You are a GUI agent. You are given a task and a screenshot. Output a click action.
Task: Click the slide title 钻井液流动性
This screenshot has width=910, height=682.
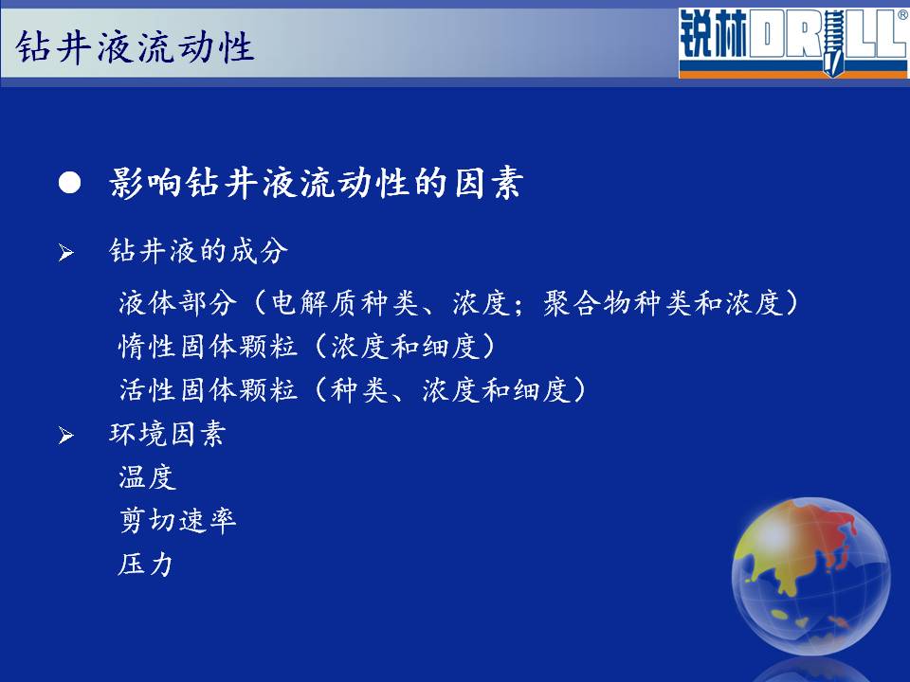pyautogui.click(x=135, y=47)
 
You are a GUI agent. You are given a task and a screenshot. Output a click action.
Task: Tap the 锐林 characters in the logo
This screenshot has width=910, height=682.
pyautogui.click(x=714, y=35)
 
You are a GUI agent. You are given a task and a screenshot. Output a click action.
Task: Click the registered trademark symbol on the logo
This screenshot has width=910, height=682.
pyautogui.click(x=902, y=16)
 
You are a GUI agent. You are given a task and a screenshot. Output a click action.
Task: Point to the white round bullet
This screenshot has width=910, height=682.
pyautogui.click(x=69, y=183)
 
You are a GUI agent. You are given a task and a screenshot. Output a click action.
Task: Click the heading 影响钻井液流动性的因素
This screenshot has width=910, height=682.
pyautogui.click(x=317, y=183)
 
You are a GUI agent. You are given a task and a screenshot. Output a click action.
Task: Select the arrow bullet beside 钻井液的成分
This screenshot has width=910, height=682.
pyautogui.click(x=66, y=253)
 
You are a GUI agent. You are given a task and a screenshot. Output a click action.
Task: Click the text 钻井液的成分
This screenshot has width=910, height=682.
pyautogui.click(x=198, y=251)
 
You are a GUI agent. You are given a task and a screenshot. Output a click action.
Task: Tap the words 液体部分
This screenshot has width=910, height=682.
pyautogui.click(x=177, y=303)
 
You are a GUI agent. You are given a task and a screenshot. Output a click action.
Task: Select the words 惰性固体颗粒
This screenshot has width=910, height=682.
pyautogui.click(x=208, y=347)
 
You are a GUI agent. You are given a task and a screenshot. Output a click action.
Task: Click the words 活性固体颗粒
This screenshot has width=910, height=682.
pyautogui.click(x=208, y=389)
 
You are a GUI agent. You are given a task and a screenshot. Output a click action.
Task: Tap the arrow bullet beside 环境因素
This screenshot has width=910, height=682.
pyautogui.click(x=66, y=436)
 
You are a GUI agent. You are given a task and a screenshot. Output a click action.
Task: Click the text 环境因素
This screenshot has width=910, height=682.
pyautogui.click(x=168, y=434)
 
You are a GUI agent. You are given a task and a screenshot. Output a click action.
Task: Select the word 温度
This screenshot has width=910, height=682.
pyautogui.click(x=148, y=477)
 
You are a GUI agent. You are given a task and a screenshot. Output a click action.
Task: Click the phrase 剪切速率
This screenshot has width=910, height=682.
pyautogui.click(x=177, y=520)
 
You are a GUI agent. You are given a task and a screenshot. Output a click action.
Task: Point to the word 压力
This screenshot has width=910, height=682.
pyautogui.click(x=146, y=564)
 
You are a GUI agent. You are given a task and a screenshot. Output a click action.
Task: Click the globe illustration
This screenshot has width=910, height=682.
pyautogui.click(x=810, y=576)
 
